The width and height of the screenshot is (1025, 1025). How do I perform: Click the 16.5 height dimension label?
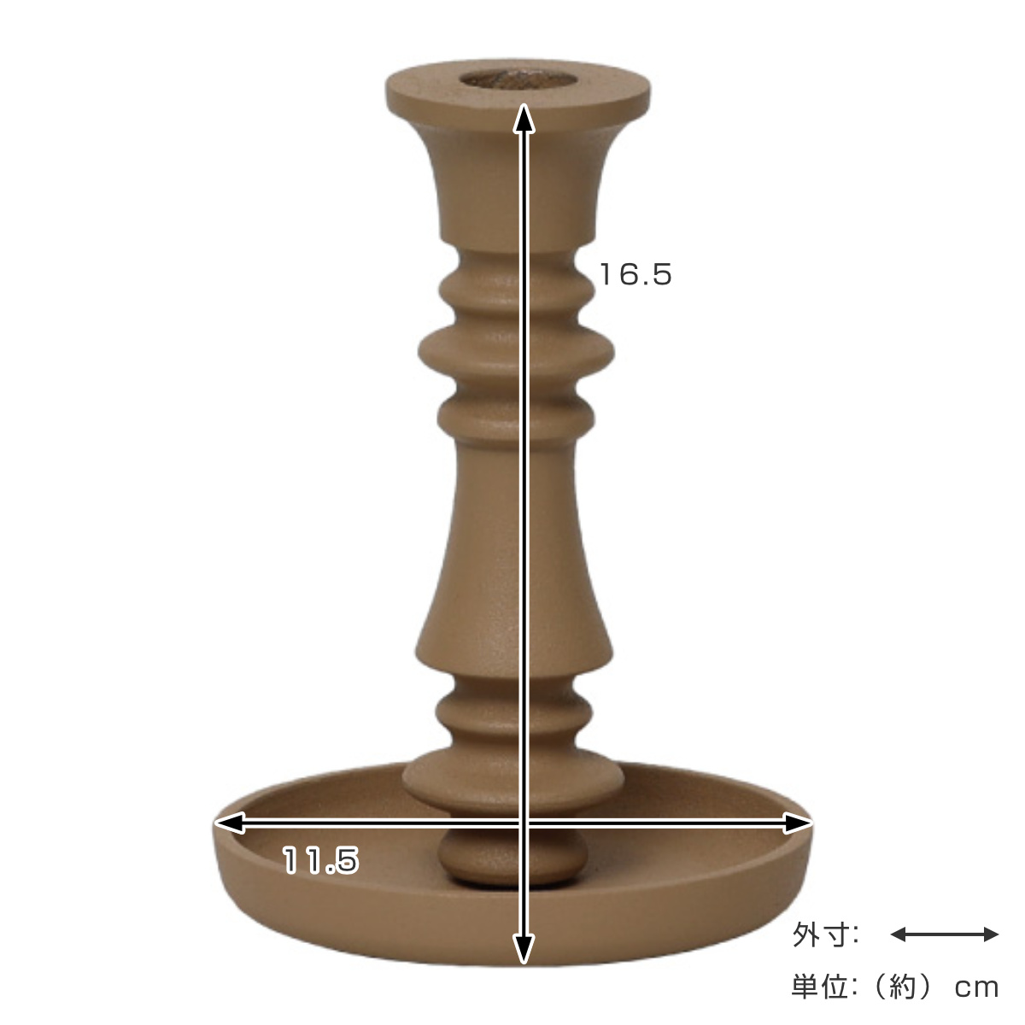(635, 275)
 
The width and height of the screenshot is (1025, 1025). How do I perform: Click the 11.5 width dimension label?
(321, 860)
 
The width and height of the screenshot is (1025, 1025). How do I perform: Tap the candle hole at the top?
(518, 79)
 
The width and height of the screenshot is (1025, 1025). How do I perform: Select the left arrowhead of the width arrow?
(229, 823)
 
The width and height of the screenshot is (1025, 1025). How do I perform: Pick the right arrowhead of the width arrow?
(798, 823)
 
